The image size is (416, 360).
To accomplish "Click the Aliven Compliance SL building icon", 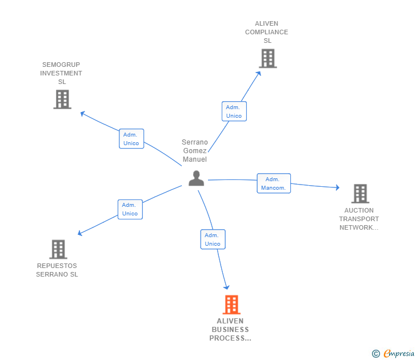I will point(267,58).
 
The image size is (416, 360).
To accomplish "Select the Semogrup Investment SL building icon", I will point(62,99).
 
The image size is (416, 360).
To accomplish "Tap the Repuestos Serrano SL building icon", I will point(58,249).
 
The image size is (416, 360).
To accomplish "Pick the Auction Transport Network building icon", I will point(360,194).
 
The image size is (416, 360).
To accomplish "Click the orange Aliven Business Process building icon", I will point(231,305).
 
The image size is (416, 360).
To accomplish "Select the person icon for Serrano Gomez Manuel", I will point(196,178).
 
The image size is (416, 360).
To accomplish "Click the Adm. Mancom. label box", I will point(274,183).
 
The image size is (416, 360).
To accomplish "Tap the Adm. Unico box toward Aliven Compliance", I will point(234,111).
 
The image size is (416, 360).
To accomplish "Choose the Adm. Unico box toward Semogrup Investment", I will point(131,139).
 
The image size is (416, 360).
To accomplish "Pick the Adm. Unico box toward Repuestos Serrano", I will point(130,209).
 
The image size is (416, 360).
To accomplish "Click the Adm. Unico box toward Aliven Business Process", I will point(213,239).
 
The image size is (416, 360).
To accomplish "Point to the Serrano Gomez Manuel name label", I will point(194,151).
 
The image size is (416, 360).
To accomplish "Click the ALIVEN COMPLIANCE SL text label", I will point(267,32).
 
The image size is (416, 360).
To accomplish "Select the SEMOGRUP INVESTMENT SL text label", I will point(62,73).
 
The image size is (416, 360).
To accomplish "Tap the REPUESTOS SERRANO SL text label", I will point(57,270).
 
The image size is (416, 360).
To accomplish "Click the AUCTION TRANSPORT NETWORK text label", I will point(359,219).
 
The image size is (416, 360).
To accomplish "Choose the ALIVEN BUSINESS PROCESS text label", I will point(230,330).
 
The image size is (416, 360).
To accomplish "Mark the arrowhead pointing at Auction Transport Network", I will point(337,187).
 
